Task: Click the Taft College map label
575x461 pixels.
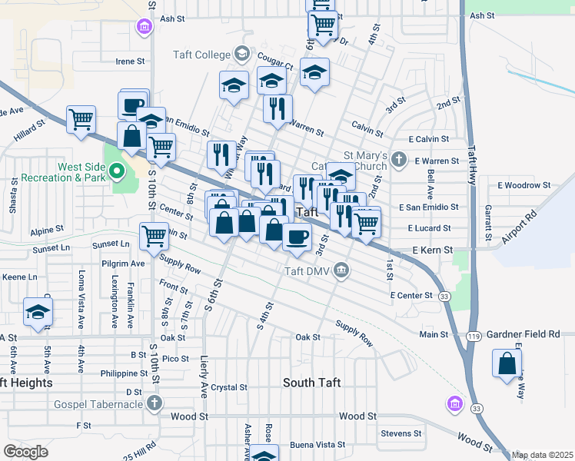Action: pyautogui.click(x=202, y=55)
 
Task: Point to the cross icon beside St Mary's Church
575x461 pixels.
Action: pyautogui.click(x=397, y=160)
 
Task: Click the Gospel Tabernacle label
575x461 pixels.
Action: pyautogui.click(x=98, y=404)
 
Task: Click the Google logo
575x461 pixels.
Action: pyautogui.click(x=25, y=451)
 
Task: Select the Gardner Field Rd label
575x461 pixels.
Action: pyautogui.click(x=527, y=335)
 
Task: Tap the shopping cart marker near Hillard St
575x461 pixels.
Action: pyautogui.click(x=81, y=120)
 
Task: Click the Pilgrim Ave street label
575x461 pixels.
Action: pyautogui.click(x=127, y=263)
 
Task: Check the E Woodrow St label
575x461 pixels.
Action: pyautogui.click(x=524, y=185)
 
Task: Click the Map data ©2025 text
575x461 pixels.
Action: pyautogui.click(x=542, y=455)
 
